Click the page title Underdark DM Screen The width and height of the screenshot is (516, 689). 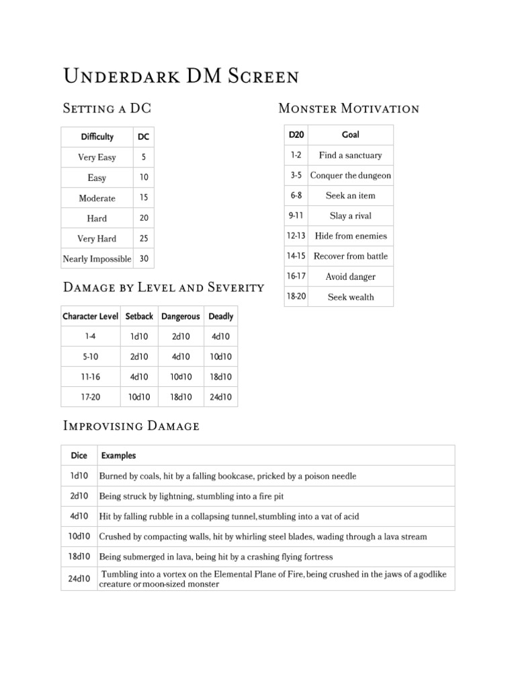181,76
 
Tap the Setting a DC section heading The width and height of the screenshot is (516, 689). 112,108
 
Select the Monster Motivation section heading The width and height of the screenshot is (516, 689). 349,108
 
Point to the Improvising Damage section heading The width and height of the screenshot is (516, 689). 130,425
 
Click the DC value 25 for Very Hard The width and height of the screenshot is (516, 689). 144,238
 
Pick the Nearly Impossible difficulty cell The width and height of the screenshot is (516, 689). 97,258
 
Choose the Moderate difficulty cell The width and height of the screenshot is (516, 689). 97,198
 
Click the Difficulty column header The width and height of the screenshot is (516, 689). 97,137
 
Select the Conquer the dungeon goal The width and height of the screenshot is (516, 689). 351,176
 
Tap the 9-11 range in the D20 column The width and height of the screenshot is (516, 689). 296,216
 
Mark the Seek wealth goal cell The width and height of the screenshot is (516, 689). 351,297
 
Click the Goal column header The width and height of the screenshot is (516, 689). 351,135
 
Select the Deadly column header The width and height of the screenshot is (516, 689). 221,316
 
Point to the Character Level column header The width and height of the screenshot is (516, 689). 91,316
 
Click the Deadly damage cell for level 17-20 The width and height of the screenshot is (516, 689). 221,397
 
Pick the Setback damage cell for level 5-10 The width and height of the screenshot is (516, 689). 139,357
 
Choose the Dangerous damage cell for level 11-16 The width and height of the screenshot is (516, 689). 181,377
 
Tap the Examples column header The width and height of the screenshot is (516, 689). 118,456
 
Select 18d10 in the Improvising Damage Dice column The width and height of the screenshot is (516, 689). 79,556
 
